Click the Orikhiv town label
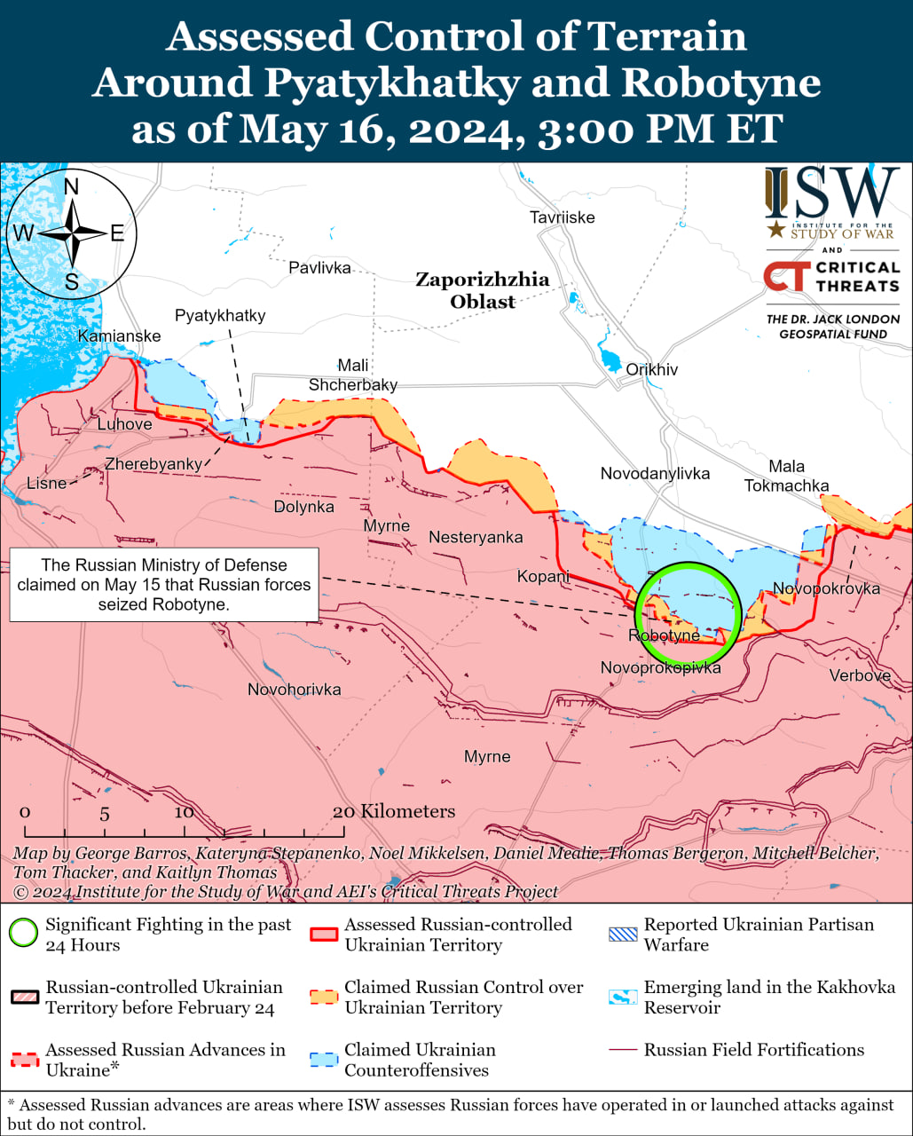tap(651, 369)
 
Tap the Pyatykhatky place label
tap(219, 315)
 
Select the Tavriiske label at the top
tap(562, 217)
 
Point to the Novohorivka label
tap(294, 690)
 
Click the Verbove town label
tap(859, 675)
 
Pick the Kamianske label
tap(119, 335)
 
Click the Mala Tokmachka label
tap(786, 476)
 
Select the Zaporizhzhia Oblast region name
tap(482, 290)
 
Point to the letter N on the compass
tap(72, 186)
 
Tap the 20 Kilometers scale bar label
tap(395, 811)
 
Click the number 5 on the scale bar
tap(104, 814)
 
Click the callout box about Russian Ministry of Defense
tap(164, 584)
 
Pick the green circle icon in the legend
tap(23, 934)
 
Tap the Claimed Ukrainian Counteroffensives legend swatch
tap(323, 1060)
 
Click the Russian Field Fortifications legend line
tap(623, 1050)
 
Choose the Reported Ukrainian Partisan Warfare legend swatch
tap(623, 934)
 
